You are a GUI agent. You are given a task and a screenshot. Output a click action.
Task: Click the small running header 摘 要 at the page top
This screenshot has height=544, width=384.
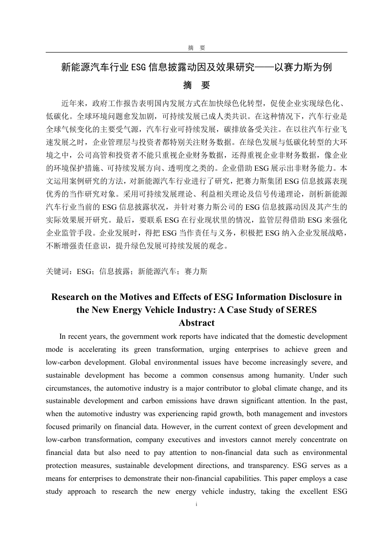[196, 48]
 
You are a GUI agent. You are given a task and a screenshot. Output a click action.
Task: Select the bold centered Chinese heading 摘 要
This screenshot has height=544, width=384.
[196, 85]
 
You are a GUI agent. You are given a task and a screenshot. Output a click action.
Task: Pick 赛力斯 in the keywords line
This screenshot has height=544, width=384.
[196, 271]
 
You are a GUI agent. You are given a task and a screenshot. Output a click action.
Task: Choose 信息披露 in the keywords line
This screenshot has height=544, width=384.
[114, 271]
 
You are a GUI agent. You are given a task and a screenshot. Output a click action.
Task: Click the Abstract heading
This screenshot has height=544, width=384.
[196, 323]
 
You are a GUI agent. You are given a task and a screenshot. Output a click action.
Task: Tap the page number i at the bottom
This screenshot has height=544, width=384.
[196, 504]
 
